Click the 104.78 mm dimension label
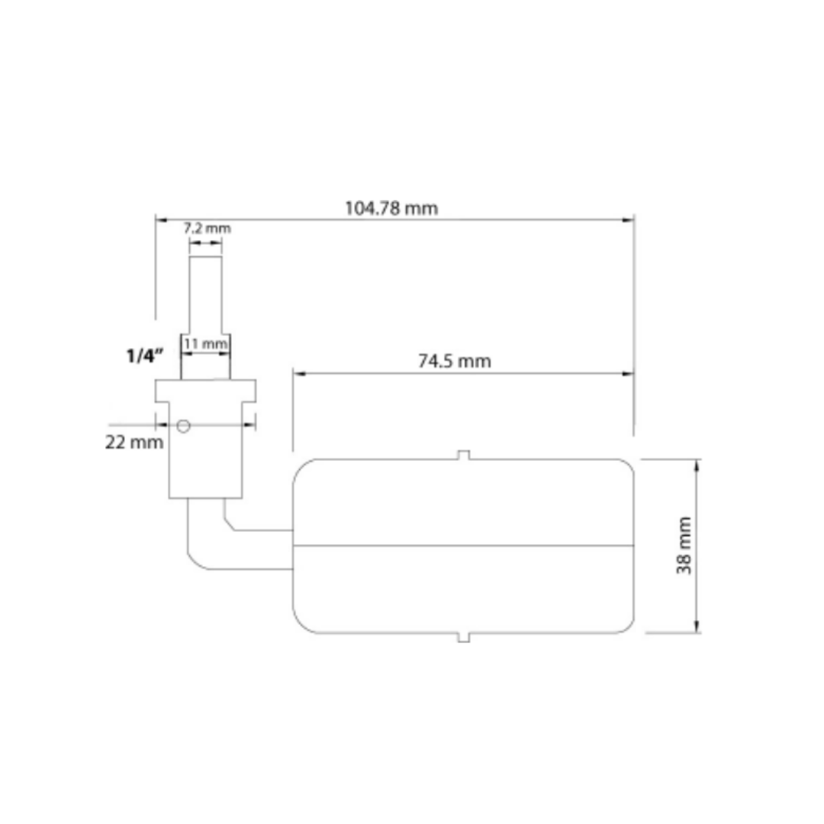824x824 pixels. tap(392, 208)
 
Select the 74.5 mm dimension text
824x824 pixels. tap(455, 361)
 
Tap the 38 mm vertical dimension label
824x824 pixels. tap(684, 546)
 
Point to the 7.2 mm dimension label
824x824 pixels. tap(206, 228)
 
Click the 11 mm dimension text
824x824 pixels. tap(206, 344)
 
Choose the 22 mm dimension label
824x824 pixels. tap(134, 442)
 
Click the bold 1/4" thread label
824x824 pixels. tap(144, 356)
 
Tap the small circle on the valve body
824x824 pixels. tap(182, 426)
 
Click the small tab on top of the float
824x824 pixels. tap(463, 455)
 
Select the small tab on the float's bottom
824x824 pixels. tap(463, 637)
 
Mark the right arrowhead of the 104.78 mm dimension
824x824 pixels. tap(629, 220)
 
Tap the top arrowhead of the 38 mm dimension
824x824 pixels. tap(696, 465)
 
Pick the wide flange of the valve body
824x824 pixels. tap(206, 390)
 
